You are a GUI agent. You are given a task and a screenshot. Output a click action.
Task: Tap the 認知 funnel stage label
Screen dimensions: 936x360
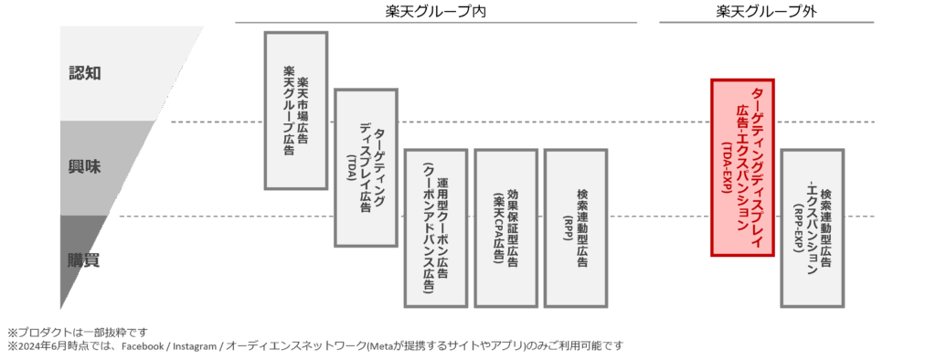coord(84,73)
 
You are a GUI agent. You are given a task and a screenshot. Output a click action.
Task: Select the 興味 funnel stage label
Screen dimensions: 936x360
coord(84,167)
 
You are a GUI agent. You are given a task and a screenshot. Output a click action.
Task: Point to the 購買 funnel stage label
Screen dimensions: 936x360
coord(83,260)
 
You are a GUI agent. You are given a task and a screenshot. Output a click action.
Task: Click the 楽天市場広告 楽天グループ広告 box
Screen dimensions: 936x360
coord(295,111)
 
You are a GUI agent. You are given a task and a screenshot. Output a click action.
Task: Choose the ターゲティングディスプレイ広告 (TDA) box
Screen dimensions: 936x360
coord(365,167)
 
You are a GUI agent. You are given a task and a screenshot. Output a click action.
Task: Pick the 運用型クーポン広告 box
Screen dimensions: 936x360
coord(435,228)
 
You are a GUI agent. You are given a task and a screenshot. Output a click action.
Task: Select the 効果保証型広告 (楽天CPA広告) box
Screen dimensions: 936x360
coord(505,228)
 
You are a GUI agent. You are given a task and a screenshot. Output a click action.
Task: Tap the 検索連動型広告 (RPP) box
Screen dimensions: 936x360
coord(575,228)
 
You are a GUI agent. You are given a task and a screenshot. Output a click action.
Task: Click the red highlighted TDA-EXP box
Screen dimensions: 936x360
coord(742,167)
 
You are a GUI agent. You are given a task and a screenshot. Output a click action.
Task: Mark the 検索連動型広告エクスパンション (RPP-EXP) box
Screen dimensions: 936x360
coord(813,228)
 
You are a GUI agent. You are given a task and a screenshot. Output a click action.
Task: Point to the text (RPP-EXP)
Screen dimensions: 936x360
coord(798,229)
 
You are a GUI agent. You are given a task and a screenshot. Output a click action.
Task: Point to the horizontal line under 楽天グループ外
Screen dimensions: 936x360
coord(766,23)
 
